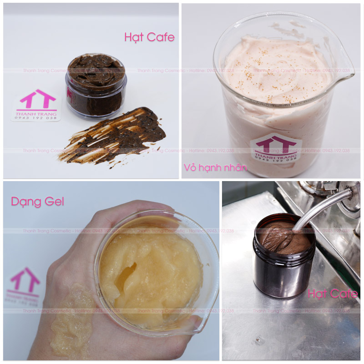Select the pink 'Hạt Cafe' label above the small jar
coord(149,37)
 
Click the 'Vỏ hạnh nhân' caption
coord(215,167)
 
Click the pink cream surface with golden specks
coord(278,68)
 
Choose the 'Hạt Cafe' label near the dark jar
coord(332,294)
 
